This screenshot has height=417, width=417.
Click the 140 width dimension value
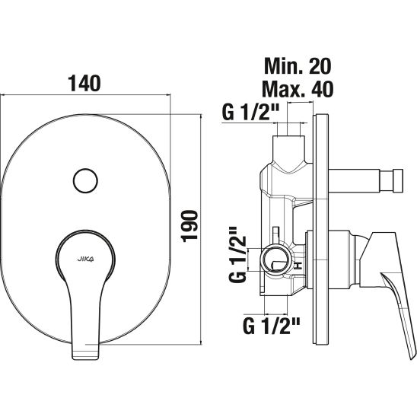tap(84, 83)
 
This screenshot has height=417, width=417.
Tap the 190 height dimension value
tap(190, 226)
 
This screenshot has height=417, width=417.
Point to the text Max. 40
tap(298, 88)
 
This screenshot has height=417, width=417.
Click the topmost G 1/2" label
tap(250, 112)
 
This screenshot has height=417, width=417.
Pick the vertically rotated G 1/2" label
tap(237, 254)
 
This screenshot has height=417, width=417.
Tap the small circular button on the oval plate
tap(85, 181)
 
